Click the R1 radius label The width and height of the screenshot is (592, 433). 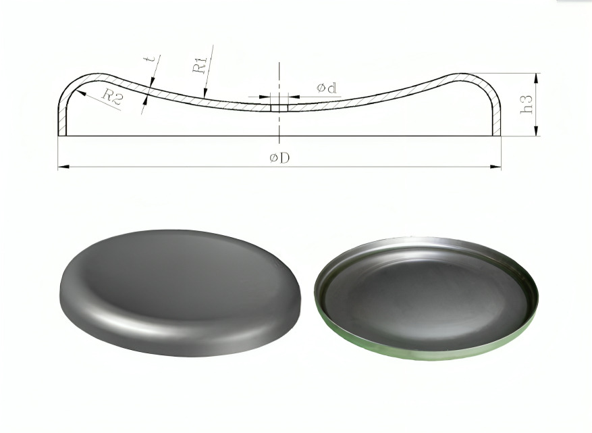point(200,64)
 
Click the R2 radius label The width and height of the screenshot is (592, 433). point(113,97)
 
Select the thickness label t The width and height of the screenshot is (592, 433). point(151,59)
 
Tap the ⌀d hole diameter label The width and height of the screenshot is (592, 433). point(327,88)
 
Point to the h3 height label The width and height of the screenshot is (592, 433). point(527,104)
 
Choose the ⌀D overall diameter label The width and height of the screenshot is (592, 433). point(279,157)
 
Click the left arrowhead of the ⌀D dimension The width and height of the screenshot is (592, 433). point(63,166)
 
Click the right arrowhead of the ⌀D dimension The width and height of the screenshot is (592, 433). point(495,166)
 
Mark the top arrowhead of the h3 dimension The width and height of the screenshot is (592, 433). point(536,79)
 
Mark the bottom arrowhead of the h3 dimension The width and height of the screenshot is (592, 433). point(536,130)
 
